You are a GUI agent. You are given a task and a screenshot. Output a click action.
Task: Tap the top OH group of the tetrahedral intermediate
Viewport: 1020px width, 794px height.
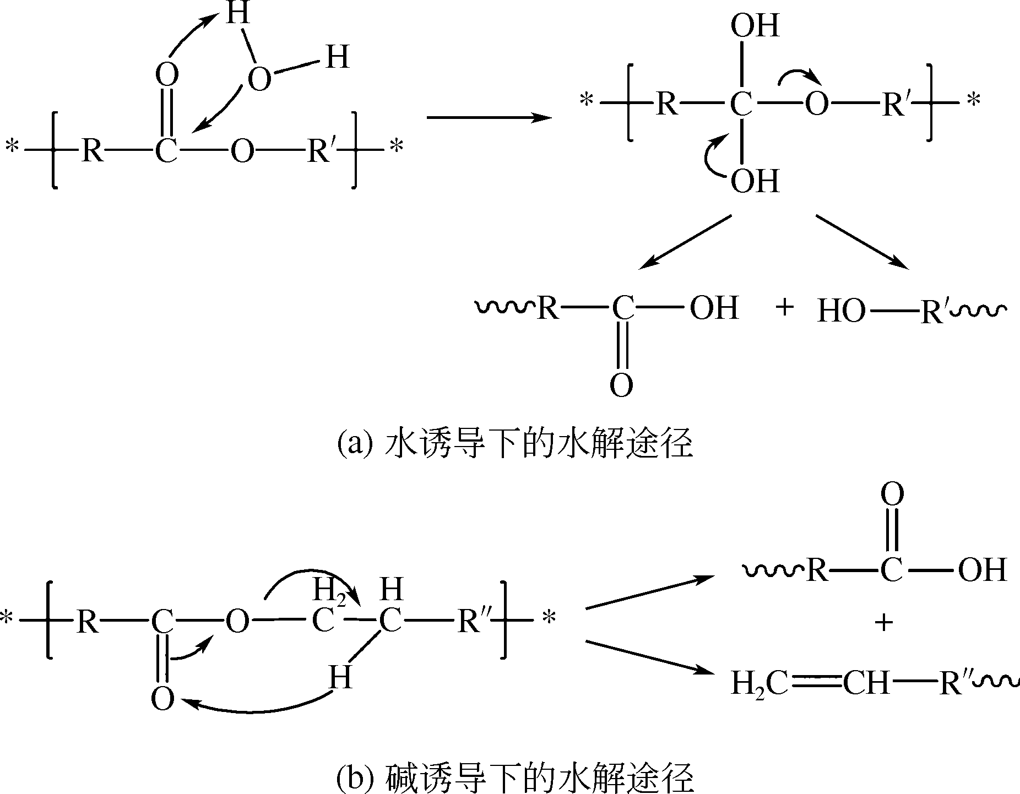755,25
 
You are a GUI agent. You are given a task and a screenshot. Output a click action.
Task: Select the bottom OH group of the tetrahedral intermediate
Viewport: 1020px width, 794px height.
755,181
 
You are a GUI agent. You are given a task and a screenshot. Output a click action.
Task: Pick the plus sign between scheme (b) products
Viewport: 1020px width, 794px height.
883,623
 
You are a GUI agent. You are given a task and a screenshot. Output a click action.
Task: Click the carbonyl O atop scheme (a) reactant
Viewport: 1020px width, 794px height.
166,74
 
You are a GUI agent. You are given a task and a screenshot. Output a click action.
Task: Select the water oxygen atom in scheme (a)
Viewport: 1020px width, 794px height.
259,79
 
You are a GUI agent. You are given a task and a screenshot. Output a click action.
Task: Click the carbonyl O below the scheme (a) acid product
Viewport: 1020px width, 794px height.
621,385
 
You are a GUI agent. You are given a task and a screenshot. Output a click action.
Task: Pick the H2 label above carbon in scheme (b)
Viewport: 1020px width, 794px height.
329,591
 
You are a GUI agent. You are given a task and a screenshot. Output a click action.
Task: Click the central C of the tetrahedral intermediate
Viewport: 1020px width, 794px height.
741,104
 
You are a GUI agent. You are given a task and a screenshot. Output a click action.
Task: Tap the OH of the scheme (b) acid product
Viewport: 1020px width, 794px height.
982,570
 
